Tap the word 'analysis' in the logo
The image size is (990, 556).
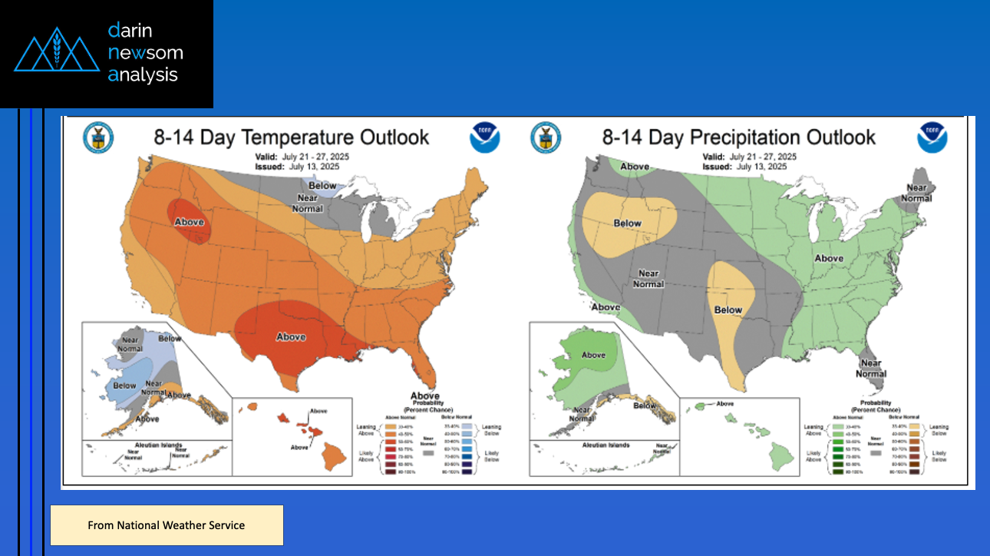click(143, 74)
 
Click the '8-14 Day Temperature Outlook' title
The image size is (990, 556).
click(292, 138)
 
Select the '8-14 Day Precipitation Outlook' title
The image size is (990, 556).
click(738, 137)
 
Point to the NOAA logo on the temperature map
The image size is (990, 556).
click(485, 138)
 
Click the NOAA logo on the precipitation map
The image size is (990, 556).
click(932, 138)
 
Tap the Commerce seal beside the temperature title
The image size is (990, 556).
click(98, 138)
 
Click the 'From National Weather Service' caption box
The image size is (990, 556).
click(167, 525)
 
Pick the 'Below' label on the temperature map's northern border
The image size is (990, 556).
click(322, 186)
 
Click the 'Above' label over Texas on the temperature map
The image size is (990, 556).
click(291, 337)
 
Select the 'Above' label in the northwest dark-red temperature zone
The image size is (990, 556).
click(189, 223)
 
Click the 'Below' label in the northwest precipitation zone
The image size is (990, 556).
click(628, 223)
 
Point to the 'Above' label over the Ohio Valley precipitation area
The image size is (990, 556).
click(829, 259)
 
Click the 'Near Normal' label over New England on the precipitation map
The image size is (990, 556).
click(916, 193)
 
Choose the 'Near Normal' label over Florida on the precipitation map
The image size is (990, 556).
click(871, 369)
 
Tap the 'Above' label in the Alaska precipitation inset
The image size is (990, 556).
click(593, 356)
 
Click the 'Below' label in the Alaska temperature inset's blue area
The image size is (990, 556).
click(124, 386)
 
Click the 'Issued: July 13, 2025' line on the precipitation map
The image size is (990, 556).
click(744, 167)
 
